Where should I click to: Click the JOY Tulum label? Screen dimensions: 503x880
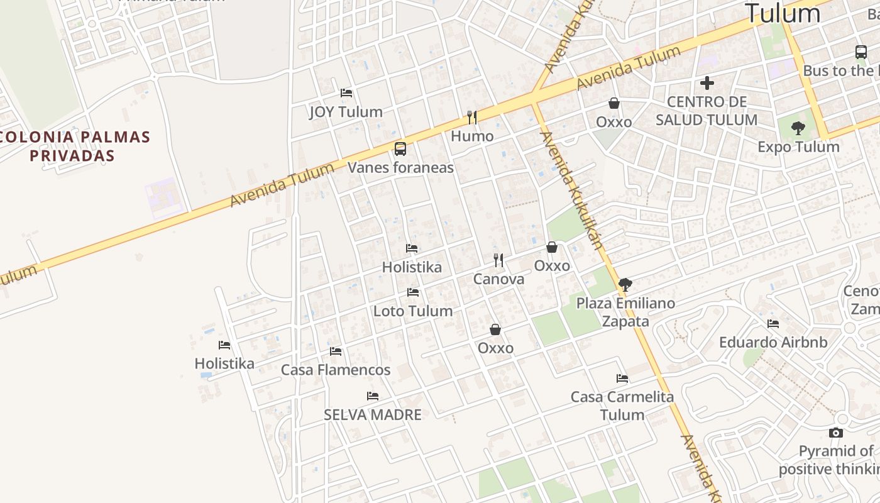pos(346,112)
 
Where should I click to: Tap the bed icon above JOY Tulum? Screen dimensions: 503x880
pos(346,93)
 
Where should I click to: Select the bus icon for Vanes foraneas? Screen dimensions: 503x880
pos(400,149)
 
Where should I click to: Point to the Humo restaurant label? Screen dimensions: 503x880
pos(472,136)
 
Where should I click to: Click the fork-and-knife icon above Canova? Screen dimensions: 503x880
pos(498,260)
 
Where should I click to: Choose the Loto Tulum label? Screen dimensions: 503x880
pos(413,311)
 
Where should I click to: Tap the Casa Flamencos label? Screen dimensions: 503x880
pos(336,370)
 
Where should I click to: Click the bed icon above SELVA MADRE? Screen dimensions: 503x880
pos(373,396)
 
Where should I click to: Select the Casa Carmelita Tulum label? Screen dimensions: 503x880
pos(622,406)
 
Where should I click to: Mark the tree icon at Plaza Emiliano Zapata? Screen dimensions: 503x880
pos(625,284)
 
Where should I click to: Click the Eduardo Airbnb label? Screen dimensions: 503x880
pos(773,343)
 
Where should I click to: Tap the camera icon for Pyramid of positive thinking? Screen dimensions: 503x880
pos(835,433)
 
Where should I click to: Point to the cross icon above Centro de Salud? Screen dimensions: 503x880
pos(707,83)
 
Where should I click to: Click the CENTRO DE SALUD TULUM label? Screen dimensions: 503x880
pos(707,111)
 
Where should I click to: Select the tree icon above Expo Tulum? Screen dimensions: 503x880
pos(798,129)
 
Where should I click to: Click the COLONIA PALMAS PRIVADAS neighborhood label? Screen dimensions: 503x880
pos(74,146)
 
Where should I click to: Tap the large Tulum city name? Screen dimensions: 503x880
pos(783,13)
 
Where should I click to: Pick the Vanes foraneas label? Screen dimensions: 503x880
pos(400,167)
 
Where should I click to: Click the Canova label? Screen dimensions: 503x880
pos(498,279)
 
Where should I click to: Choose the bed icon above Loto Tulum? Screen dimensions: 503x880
pos(413,292)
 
